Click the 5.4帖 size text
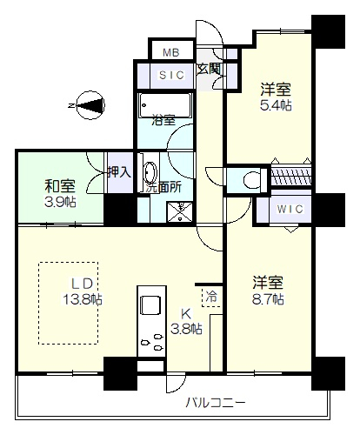(275, 105)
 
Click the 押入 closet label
(118, 172)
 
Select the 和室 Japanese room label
(60, 184)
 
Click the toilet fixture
(249, 179)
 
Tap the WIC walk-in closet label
(290, 209)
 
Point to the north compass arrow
(88, 107)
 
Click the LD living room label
(82, 284)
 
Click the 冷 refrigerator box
(210, 297)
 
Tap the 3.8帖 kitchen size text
(185, 328)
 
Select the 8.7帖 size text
(268, 299)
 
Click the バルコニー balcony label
(215, 403)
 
